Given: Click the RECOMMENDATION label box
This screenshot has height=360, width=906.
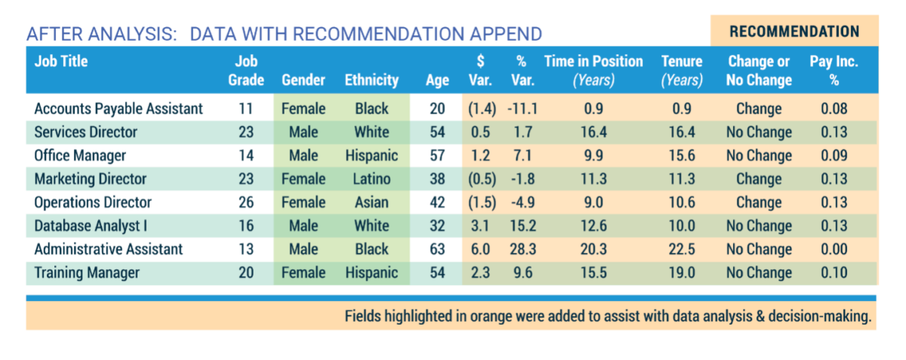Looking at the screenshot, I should (794, 31).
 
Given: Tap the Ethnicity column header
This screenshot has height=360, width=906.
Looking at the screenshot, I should (371, 80).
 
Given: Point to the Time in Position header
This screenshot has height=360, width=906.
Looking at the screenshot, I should (593, 70).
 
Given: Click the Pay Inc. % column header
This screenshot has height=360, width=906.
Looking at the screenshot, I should (834, 70).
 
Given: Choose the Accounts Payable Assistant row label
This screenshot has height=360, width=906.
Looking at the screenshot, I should (119, 109).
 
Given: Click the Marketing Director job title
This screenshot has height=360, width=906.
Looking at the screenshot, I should (91, 179).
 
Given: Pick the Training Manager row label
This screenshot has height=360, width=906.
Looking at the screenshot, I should (87, 272).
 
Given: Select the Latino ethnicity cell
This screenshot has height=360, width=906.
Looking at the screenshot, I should (371, 179).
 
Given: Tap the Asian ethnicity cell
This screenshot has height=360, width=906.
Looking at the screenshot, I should (371, 202).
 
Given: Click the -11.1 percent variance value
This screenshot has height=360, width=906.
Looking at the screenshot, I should (522, 109).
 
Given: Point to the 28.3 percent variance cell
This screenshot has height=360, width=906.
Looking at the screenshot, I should (522, 249).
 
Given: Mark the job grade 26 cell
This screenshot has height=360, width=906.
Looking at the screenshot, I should (245, 202).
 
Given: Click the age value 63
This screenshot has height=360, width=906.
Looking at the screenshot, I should (437, 249).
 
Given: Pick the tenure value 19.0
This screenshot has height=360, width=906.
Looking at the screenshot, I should (682, 272).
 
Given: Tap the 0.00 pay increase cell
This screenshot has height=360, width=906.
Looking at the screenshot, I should (834, 249).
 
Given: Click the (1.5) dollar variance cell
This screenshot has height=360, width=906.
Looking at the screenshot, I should (481, 202).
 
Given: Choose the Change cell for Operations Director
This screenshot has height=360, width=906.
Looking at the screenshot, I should (759, 202).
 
